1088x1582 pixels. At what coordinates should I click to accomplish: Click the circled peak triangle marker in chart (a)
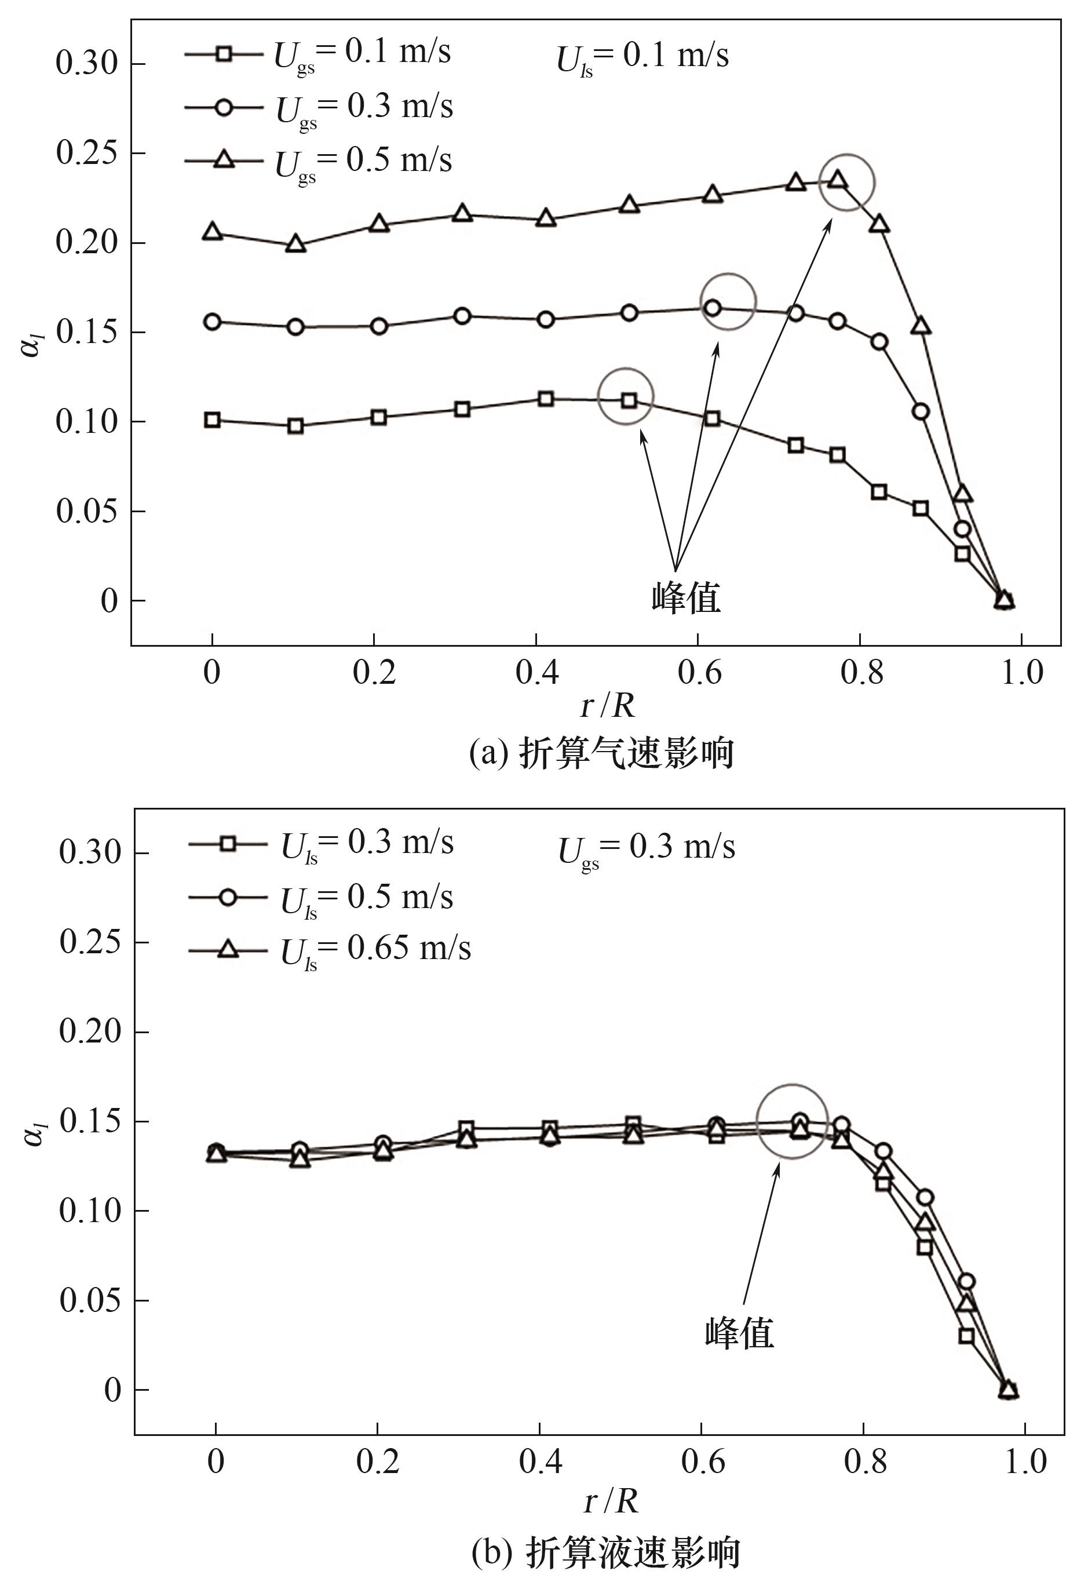[x=838, y=181]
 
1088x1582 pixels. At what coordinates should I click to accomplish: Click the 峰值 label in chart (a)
[x=686, y=597]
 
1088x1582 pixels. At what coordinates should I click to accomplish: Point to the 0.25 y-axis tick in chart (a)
[x=86, y=154]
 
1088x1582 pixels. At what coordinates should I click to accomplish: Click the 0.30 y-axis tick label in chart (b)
[x=89, y=852]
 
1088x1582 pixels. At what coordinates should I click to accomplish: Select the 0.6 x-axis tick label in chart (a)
[x=698, y=672]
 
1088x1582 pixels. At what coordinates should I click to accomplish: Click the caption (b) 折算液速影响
[x=605, y=1550]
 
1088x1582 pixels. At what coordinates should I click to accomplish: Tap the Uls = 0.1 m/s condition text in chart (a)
[x=642, y=57]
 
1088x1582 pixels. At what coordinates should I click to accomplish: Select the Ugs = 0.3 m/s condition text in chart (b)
[x=647, y=849]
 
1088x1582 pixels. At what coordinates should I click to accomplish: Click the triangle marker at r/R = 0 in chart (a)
[x=213, y=232]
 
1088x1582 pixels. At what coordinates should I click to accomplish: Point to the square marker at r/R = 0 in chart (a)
[x=213, y=420]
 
